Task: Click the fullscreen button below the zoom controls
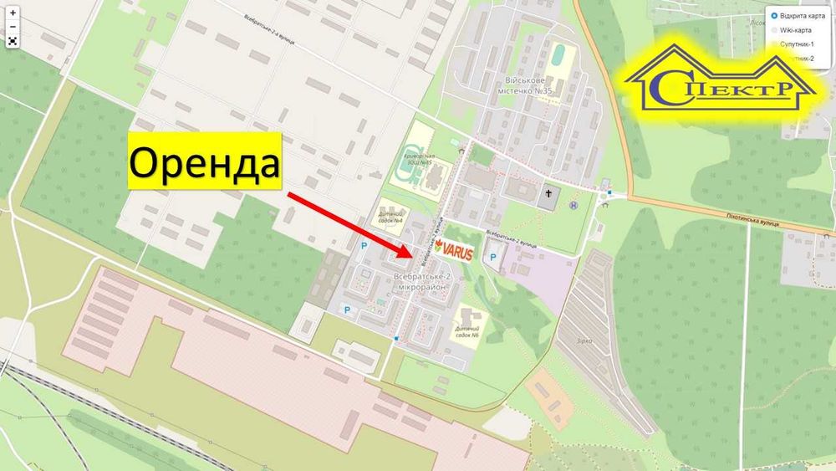pos(13,40)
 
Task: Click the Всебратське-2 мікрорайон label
pos(421,281)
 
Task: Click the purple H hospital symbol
pos(573,204)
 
